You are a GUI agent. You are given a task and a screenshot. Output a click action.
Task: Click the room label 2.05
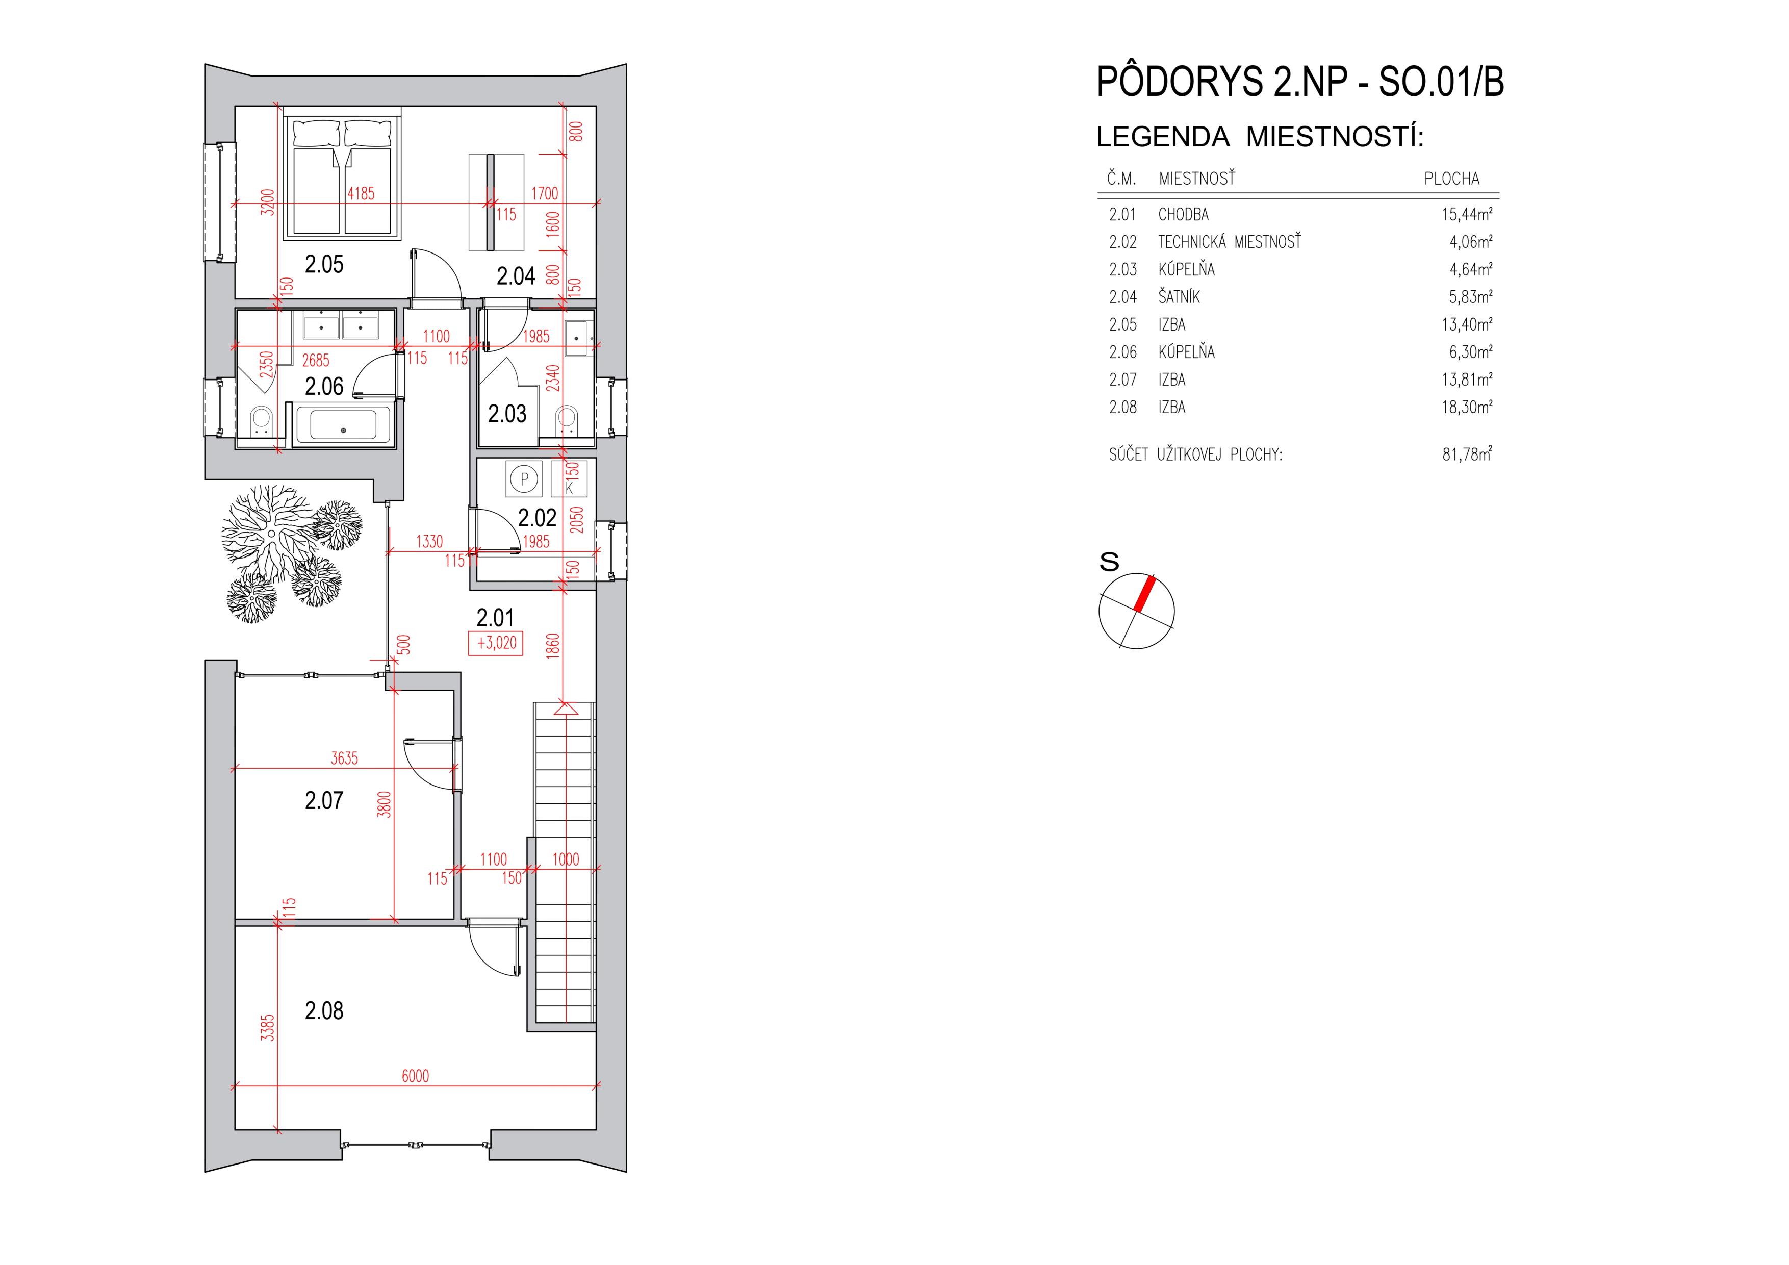tap(324, 264)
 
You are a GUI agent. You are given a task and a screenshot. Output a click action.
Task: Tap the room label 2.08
tap(324, 1011)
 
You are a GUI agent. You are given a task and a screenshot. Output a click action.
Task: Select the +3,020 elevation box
tap(496, 644)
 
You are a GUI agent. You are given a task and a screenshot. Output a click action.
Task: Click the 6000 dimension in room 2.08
tap(415, 1076)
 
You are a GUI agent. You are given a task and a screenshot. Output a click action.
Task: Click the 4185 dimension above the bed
tap(361, 193)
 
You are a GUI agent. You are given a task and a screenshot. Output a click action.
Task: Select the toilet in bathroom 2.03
tap(567, 421)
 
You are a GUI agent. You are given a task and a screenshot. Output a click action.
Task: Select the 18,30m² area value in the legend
tap(1466, 407)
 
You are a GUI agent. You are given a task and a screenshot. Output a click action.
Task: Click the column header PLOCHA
tap(1451, 179)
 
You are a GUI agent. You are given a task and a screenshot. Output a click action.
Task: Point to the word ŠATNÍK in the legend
tap(1179, 297)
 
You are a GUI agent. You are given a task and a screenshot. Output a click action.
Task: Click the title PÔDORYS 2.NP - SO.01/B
tap(1299, 82)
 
